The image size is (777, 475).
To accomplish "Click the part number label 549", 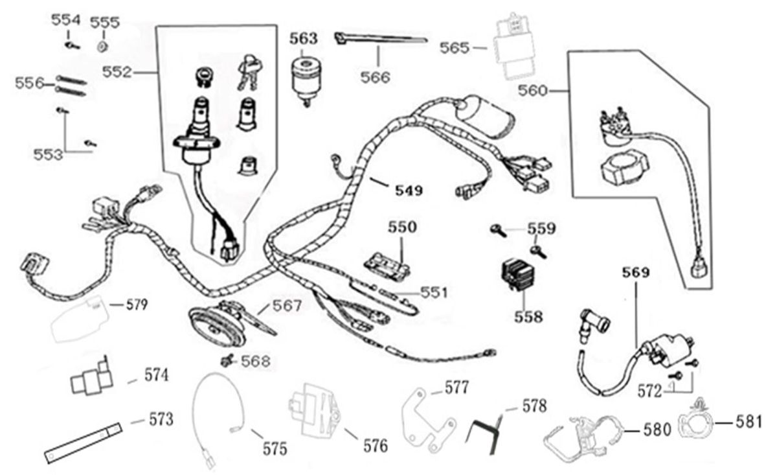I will [409, 191].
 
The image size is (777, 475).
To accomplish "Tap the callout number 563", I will [304, 38].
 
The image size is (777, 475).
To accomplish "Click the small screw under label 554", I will [71, 45].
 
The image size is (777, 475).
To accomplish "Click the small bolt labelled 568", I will [227, 360].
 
